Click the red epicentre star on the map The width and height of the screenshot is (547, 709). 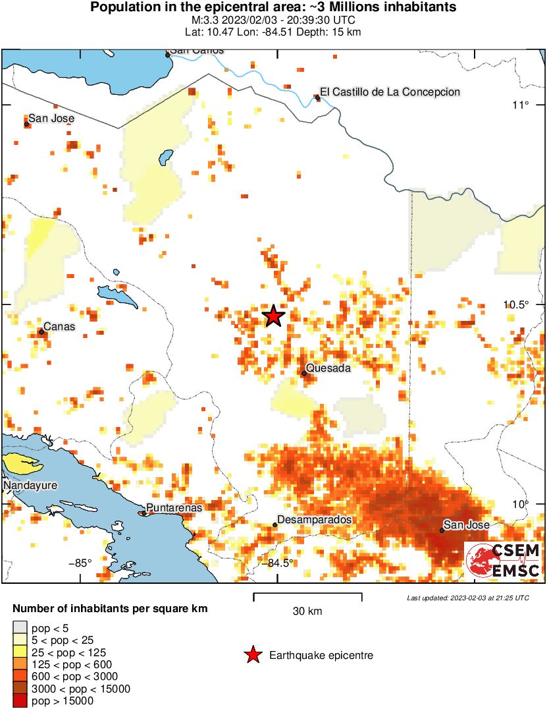[x=274, y=316]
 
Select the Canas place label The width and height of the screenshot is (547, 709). [x=59, y=327]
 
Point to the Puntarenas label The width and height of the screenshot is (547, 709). [x=174, y=507]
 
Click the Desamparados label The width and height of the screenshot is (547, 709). [x=315, y=520]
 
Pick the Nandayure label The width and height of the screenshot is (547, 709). [x=30, y=486]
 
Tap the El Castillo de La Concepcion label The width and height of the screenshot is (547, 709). [x=390, y=92]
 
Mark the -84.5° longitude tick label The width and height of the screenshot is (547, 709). [x=277, y=563]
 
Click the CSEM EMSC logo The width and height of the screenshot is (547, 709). [x=504, y=560]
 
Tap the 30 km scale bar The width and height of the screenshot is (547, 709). [x=307, y=598]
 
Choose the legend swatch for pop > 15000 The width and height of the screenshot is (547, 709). [x=20, y=701]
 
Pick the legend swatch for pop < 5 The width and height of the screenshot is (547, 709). [x=20, y=627]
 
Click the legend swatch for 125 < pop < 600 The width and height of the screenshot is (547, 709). [x=20, y=664]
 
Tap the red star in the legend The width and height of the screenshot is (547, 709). [x=252, y=655]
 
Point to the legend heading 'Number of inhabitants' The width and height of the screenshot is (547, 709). [x=110, y=609]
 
